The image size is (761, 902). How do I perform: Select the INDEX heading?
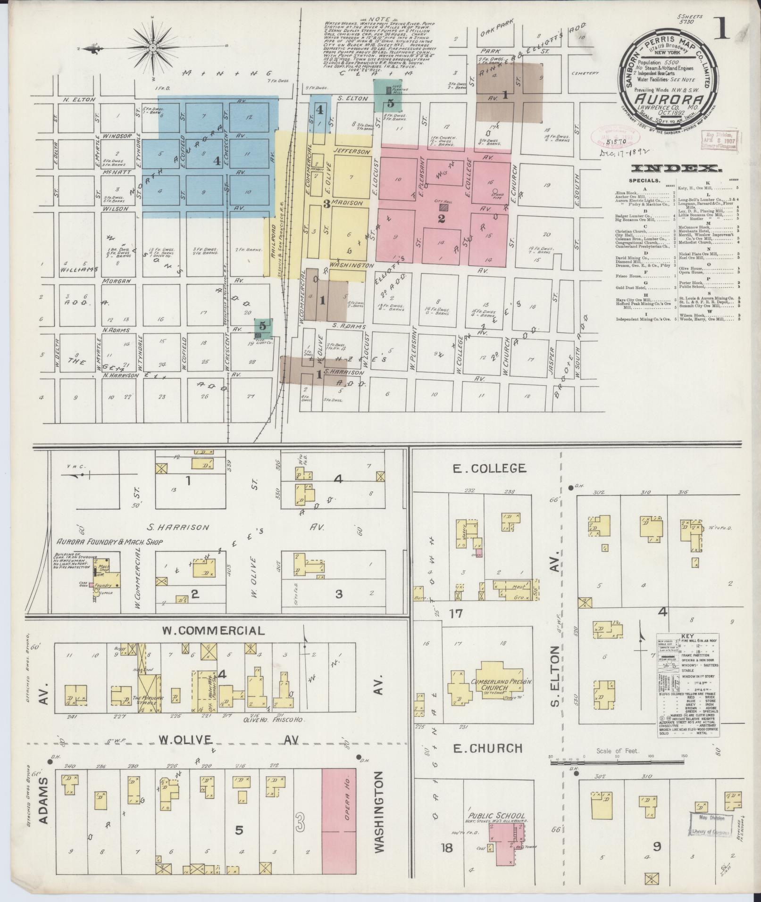pyautogui.click(x=676, y=168)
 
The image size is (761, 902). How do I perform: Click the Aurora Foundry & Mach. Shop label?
pyautogui.click(x=109, y=542)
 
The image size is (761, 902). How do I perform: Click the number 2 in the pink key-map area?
pyautogui.click(x=442, y=218)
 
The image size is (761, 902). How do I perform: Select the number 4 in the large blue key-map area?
pyautogui.click(x=217, y=161)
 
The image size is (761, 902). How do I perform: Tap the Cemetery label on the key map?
pyautogui.click(x=584, y=74)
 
